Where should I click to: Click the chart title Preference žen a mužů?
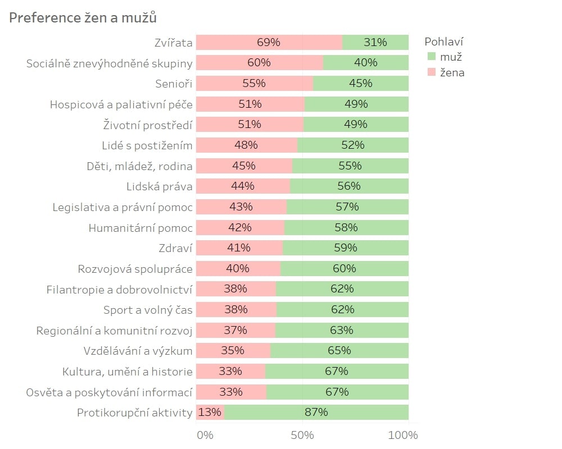click(x=83, y=17)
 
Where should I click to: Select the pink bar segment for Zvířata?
click(x=269, y=42)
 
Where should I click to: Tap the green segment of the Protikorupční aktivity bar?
click(x=316, y=412)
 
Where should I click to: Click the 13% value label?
click(x=210, y=412)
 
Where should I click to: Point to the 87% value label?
click(x=316, y=412)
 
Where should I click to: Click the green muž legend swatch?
click(x=432, y=56)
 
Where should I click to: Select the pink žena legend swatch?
click(x=432, y=72)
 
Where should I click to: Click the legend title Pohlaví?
click(x=444, y=42)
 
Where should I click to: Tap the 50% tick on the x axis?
click(x=302, y=435)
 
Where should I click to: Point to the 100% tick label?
click(x=403, y=435)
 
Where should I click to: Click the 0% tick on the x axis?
click(x=205, y=435)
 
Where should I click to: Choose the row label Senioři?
click(x=174, y=84)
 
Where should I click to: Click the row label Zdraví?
click(x=175, y=248)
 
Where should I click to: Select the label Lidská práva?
click(x=160, y=186)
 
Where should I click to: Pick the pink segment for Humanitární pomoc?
click(x=240, y=228)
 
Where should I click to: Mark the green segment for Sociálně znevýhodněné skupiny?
click(x=366, y=63)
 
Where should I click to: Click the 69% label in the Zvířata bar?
click(x=269, y=42)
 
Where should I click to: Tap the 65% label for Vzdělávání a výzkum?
click(x=339, y=350)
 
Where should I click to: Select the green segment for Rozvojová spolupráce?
click(x=345, y=268)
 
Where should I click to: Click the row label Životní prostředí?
click(x=148, y=125)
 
